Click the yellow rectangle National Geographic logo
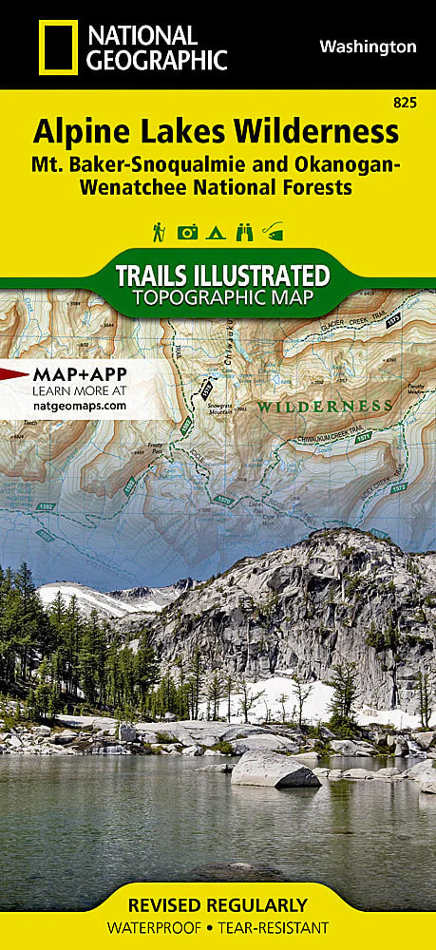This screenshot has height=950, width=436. coord(58,47)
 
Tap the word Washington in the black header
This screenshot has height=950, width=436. coord(368,46)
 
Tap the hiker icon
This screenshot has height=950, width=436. coord(158,231)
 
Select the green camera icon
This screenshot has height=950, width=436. coord(188,231)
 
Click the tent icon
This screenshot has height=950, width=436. coord(217,231)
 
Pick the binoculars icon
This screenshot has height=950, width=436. coord(245,231)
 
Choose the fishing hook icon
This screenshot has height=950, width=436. coord(275,231)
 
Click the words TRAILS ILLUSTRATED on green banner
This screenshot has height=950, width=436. coord(222,276)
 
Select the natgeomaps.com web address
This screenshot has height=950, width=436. coord(79,404)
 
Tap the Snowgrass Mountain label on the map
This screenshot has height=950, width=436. coord(221,411)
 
